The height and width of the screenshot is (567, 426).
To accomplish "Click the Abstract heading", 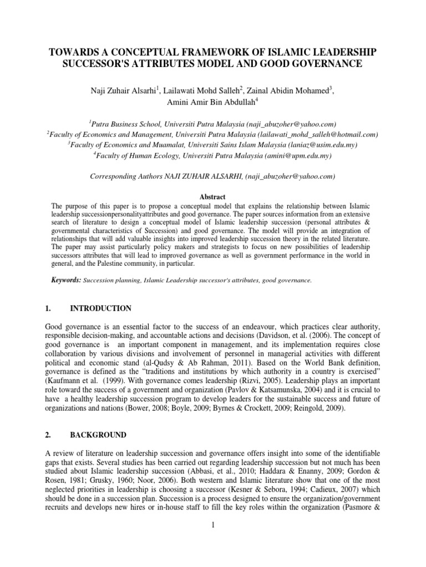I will click(213, 197).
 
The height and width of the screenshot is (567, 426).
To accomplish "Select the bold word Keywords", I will click(65, 280).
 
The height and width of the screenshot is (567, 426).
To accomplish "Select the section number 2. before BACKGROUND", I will click(48, 435).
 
